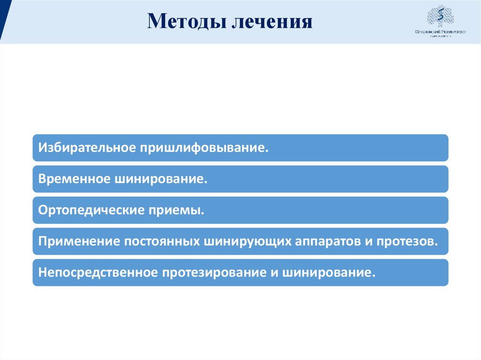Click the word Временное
point(74,179)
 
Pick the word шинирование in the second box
point(161,179)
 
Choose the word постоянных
point(161,241)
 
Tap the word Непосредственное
point(97,273)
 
